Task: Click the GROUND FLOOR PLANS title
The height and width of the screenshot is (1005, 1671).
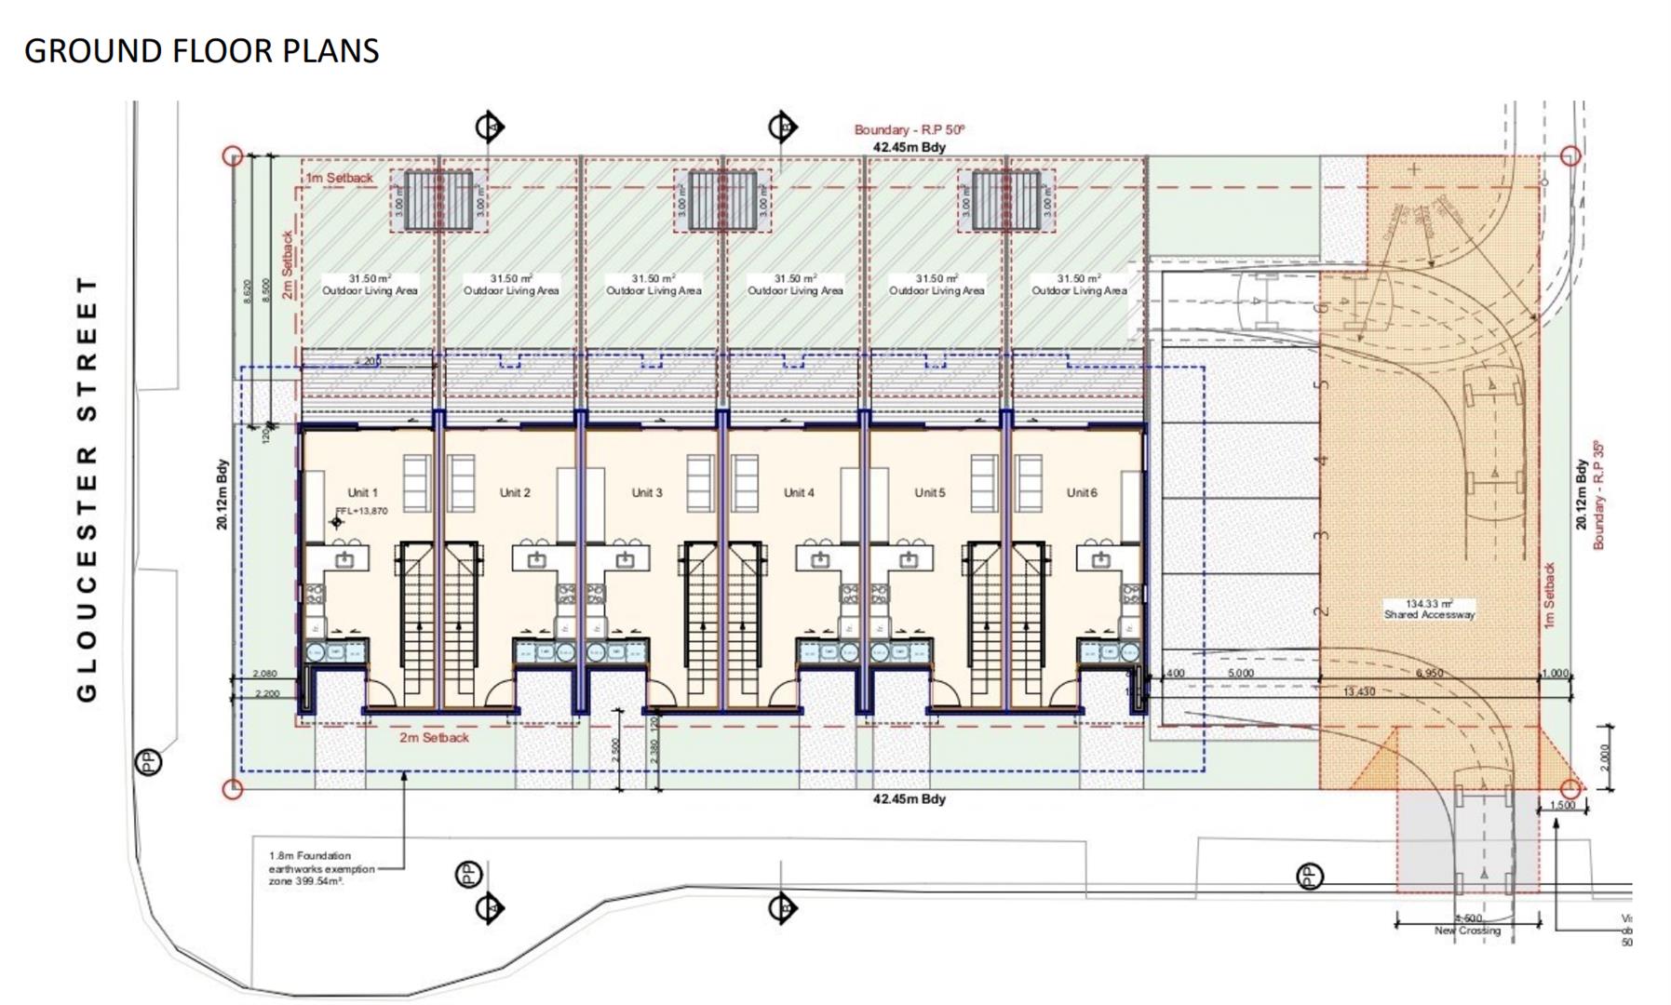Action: (x=201, y=51)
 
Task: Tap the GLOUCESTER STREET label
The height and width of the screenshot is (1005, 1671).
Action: (x=87, y=489)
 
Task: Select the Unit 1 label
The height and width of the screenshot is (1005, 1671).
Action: (x=362, y=492)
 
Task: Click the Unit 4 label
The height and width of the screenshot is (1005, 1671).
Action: (x=799, y=492)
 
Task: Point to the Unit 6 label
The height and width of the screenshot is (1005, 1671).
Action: (x=1082, y=492)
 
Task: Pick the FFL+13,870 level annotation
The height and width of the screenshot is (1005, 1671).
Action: (x=362, y=511)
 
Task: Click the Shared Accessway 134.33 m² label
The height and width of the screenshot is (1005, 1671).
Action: (x=1429, y=610)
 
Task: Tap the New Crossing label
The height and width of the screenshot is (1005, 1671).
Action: (x=1467, y=931)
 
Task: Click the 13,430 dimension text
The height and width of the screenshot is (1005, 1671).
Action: (x=1359, y=691)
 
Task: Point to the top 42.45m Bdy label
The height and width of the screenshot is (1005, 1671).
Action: (x=909, y=147)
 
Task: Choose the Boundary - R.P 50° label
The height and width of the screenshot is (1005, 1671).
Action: (x=910, y=130)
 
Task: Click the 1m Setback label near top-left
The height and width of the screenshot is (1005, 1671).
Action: (x=339, y=178)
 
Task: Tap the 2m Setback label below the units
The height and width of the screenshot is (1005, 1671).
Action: (x=434, y=737)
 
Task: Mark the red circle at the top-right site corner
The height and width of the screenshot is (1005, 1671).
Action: (x=1570, y=155)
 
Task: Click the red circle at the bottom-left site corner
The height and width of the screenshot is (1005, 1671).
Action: (x=233, y=789)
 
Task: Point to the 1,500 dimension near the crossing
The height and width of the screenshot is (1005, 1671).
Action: (x=1563, y=805)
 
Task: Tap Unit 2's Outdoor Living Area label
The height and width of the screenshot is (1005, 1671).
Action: (x=511, y=285)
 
